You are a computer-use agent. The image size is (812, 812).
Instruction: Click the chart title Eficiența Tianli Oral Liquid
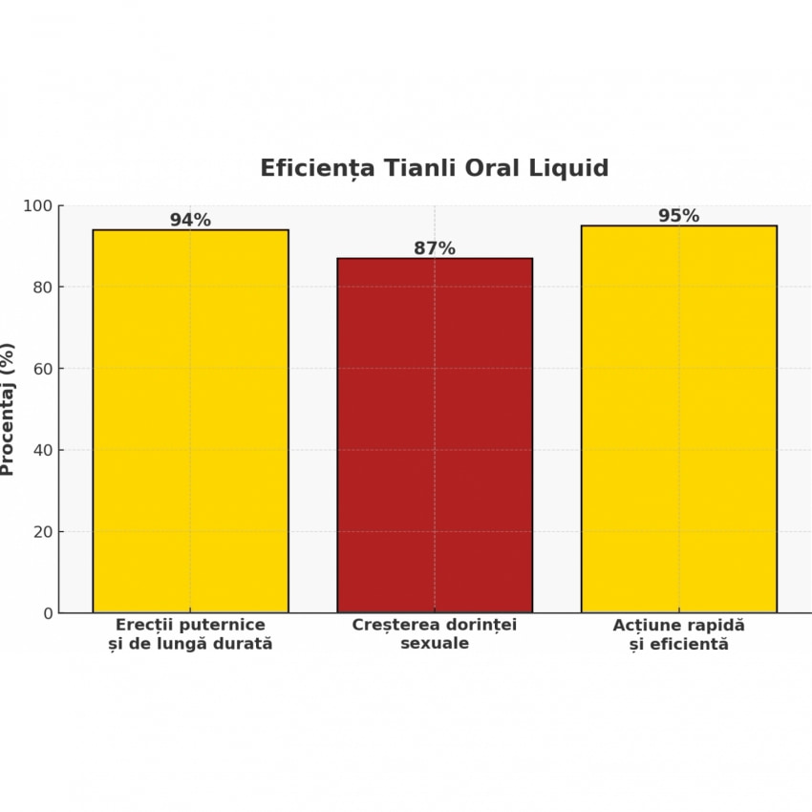coord(434,168)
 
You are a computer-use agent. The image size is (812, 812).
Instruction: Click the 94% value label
coord(190,220)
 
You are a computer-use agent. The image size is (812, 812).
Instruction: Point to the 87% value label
coord(435,248)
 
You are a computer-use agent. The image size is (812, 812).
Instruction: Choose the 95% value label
coord(678,216)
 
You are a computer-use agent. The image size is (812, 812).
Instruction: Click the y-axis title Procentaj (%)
coord(8,409)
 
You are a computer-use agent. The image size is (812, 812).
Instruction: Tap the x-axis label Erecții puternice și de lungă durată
coord(190,634)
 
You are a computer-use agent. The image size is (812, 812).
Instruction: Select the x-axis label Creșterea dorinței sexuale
coord(435,634)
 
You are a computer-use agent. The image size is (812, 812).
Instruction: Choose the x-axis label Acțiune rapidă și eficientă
coord(678,634)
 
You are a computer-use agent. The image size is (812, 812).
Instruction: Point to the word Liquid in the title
coord(570,168)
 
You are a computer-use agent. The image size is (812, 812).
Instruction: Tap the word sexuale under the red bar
coord(435,644)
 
